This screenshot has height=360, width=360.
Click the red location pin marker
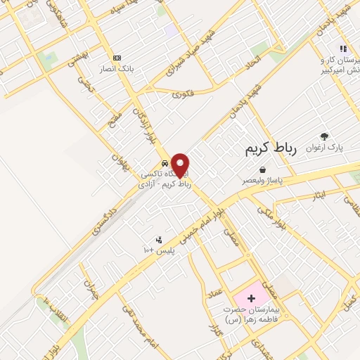pyautogui.click(x=181, y=165)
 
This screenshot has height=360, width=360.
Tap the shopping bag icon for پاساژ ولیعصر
pyautogui.click(x=262, y=169)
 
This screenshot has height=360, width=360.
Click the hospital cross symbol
pyautogui.click(x=251, y=299)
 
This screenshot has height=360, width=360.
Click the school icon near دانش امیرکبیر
pyautogui.click(x=343, y=49)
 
